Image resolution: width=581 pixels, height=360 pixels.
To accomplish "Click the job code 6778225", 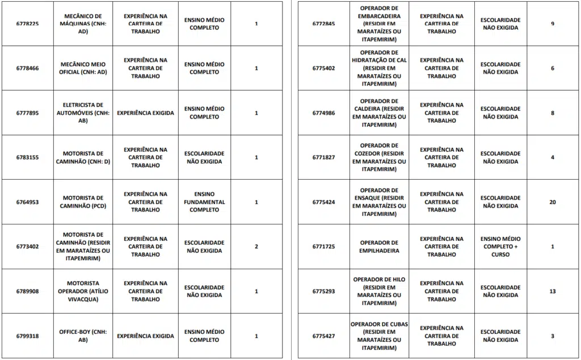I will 27,24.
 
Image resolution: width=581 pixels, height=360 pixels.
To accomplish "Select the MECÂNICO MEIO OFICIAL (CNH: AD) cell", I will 83,68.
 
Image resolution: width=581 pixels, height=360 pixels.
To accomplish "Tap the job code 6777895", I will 27,113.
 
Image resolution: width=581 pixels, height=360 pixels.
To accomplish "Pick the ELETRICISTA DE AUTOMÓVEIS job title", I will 83,112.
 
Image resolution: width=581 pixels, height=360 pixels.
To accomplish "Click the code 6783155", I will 27,158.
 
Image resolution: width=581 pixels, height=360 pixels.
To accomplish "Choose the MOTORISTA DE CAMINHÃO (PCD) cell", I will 83,202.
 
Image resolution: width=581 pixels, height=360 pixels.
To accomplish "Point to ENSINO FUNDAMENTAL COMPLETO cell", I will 204,202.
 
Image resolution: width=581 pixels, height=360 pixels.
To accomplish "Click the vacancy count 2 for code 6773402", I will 256,247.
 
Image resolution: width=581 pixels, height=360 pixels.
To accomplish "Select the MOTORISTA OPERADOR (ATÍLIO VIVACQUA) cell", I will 83,291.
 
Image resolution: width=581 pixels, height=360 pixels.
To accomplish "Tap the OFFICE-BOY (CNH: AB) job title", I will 83,336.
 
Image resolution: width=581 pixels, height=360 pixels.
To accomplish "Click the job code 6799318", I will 27,336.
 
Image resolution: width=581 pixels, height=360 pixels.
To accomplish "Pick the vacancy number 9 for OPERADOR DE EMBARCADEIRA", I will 553,24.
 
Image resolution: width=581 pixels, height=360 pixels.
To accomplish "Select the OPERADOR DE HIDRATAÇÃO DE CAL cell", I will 379,68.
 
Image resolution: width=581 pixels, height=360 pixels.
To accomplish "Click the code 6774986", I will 323,113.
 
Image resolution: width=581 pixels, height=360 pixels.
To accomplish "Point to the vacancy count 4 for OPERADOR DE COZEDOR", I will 553,158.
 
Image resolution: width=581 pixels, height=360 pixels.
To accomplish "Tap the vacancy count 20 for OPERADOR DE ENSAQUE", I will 553,202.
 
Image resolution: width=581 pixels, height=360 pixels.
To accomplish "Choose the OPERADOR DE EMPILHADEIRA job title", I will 379,247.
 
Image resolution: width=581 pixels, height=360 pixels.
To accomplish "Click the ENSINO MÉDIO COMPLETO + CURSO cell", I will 500,247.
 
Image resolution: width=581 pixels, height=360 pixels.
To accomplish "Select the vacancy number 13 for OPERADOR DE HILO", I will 553,291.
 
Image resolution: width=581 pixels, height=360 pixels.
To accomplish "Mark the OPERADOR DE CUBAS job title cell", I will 379,336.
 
